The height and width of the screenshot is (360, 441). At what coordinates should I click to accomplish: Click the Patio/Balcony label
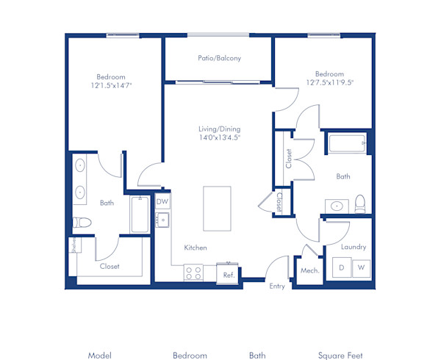(219, 58)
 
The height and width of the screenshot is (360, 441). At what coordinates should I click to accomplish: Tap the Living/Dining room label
(219, 133)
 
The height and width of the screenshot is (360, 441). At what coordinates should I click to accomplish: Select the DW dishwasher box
(162, 201)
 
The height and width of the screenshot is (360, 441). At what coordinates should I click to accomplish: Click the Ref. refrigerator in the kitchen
(229, 274)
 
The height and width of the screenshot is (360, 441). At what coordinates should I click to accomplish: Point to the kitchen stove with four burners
(194, 273)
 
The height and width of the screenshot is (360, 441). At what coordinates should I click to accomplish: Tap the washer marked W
(361, 268)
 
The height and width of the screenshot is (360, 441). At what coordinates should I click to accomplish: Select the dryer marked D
(342, 268)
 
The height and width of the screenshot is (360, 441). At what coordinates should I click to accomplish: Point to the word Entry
(277, 286)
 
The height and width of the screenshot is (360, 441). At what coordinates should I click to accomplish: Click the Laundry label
(353, 247)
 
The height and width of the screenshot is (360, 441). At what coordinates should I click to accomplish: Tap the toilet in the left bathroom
(82, 223)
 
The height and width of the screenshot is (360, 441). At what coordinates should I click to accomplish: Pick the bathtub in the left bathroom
(140, 214)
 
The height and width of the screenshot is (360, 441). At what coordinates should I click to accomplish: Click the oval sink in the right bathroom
(337, 206)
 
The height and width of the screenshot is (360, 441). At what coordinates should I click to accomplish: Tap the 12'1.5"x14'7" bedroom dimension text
(111, 85)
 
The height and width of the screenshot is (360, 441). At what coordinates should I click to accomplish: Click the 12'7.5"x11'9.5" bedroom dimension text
(329, 82)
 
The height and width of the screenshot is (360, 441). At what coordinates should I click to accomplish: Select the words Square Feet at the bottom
(340, 356)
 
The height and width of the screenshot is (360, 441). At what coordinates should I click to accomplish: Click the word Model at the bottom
(99, 356)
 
